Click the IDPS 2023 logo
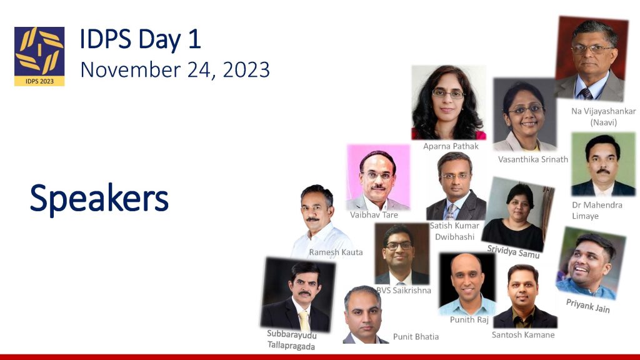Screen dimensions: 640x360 [x=39, y=56]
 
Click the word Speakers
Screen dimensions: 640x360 [x=99, y=199]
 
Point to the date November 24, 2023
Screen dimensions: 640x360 [x=175, y=70]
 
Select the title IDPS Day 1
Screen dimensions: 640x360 [x=140, y=39]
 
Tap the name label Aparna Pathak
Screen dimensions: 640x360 [x=451, y=146]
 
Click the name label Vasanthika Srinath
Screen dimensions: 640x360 [x=533, y=159]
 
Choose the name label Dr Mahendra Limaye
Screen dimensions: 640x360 [x=597, y=210]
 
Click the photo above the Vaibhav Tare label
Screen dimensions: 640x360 [x=378, y=177]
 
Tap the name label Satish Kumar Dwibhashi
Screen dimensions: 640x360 [x=454, y=231]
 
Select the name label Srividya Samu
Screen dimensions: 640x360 [x=513, y=251]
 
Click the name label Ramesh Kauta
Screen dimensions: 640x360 [x=336, y=252]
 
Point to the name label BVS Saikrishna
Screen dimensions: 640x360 [x=403, y=290]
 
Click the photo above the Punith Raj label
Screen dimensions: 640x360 [x=467, y=284]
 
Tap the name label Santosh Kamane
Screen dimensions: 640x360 [x=523, y=335]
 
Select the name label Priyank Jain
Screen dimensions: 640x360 [x=587, y=306]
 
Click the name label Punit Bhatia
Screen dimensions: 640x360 [x=416, y=337]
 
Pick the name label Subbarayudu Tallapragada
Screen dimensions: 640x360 [x=291, y=340]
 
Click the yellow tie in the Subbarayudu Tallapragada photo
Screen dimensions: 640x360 [x=304, y=321]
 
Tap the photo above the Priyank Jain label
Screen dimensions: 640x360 [x=591, y=263]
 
